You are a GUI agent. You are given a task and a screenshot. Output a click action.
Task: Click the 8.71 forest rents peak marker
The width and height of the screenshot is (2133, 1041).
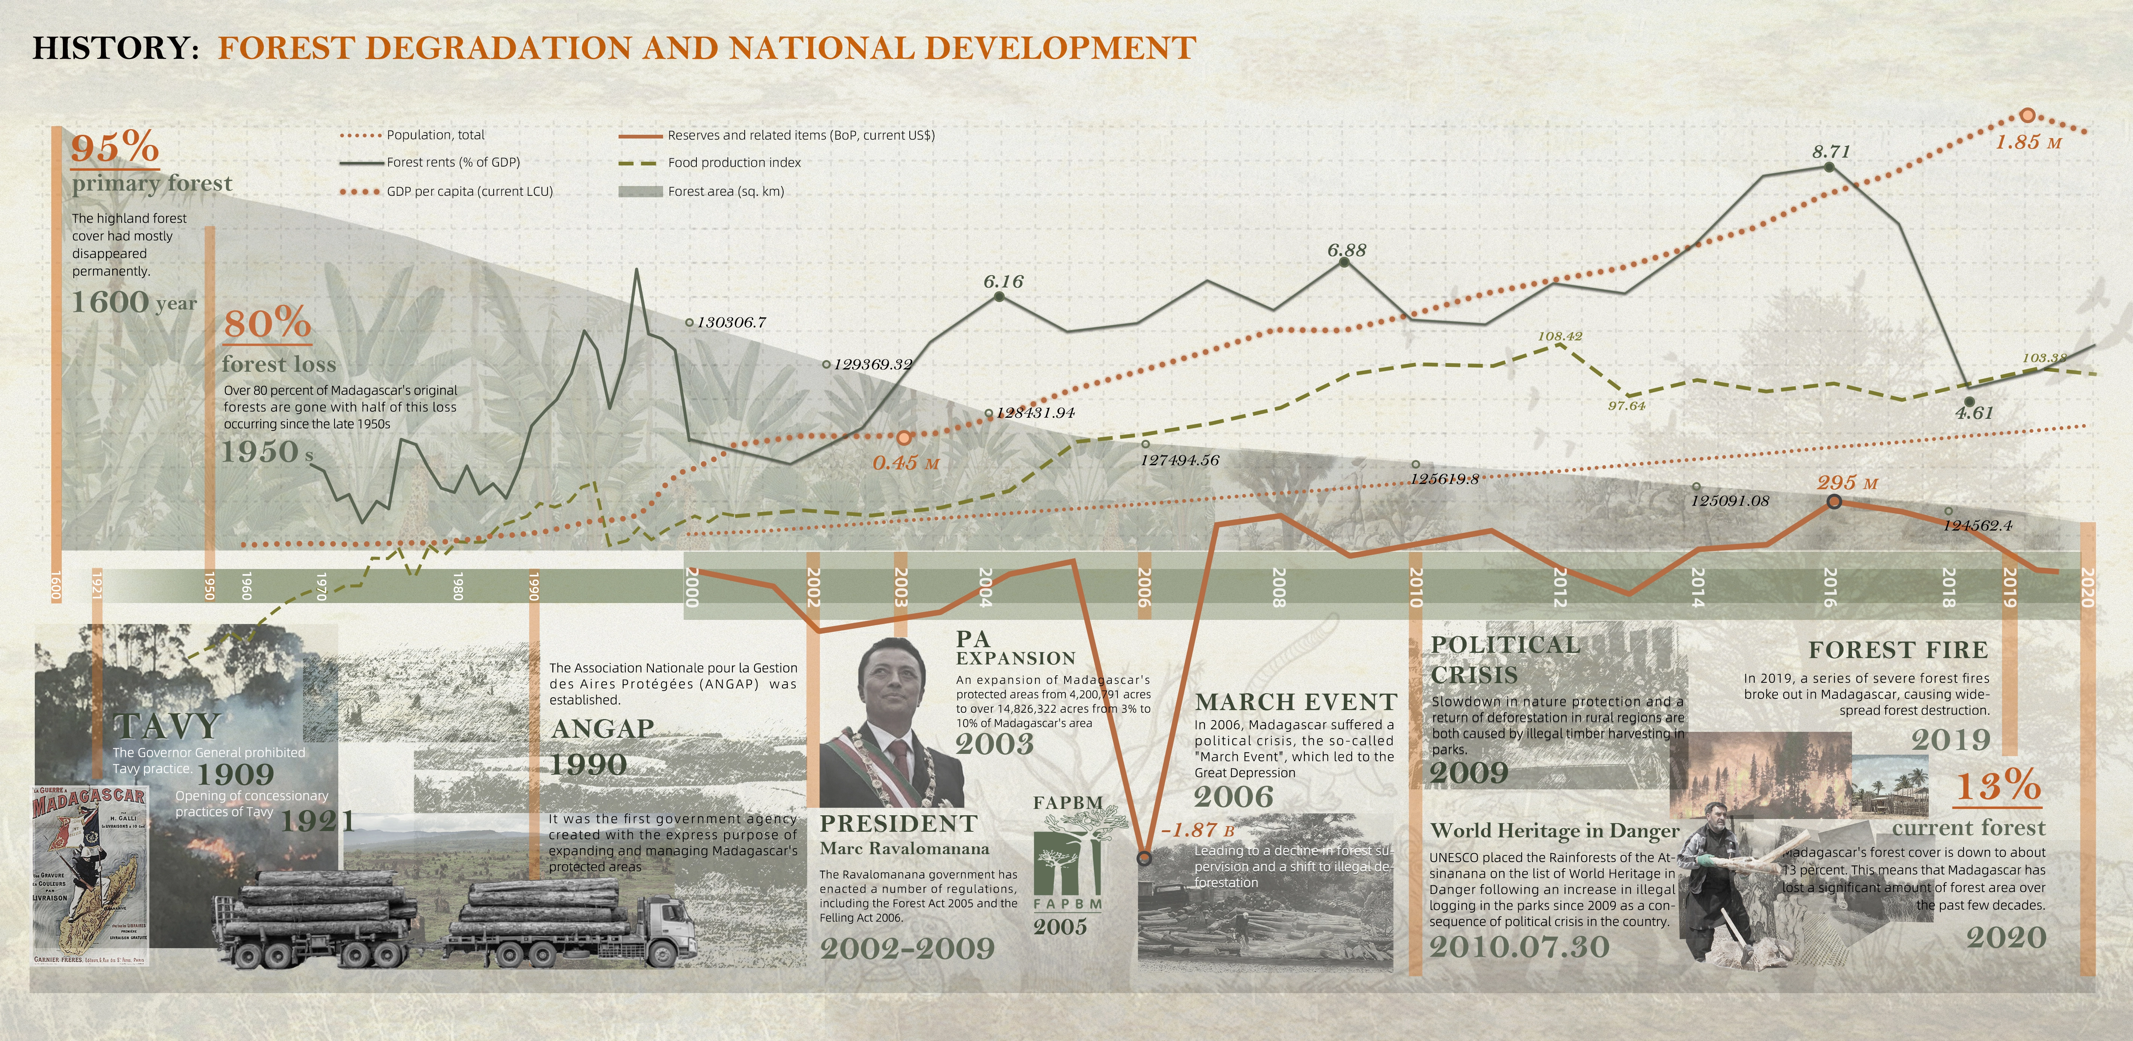pos(1829,167)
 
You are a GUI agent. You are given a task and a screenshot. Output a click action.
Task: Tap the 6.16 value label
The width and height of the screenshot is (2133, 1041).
pos(1004,281)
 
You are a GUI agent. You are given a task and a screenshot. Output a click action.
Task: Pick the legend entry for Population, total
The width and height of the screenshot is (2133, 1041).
pos(435,135)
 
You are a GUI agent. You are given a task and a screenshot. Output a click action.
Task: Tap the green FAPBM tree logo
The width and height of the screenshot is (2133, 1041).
pos(1067,861)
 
